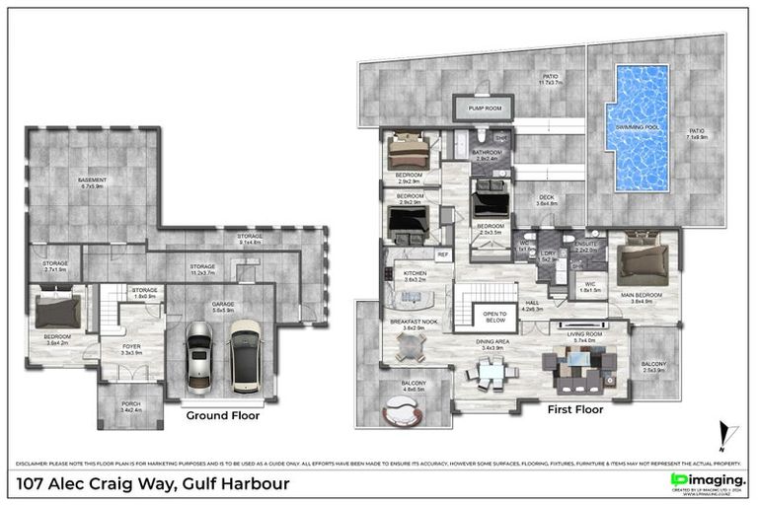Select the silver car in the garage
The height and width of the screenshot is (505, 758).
(x=199, y=362)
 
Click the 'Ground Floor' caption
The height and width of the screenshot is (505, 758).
(x=223, y=416)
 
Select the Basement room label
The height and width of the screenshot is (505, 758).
(x=93, y=180)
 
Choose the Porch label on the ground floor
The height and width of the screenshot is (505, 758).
(x=130, y=405)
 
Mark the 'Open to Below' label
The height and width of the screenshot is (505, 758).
(x=493, y=317)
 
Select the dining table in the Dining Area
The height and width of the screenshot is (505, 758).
(x=491, y=374)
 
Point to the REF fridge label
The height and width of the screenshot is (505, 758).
(x=442, y=254)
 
